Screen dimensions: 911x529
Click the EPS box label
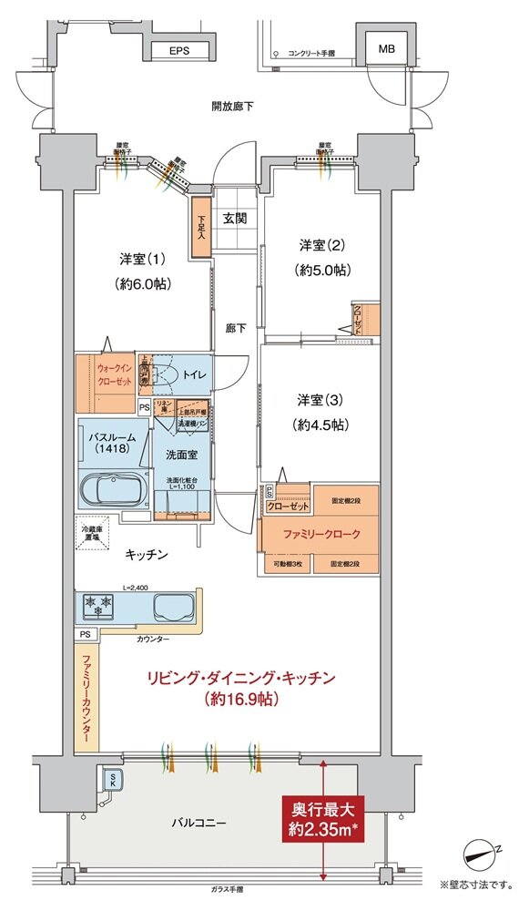tap(178, 52)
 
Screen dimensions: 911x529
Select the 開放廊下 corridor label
tap(232, 107)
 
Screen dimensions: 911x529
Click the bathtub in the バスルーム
tap(113, 492)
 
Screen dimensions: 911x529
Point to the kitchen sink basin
tap(174, 607)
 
